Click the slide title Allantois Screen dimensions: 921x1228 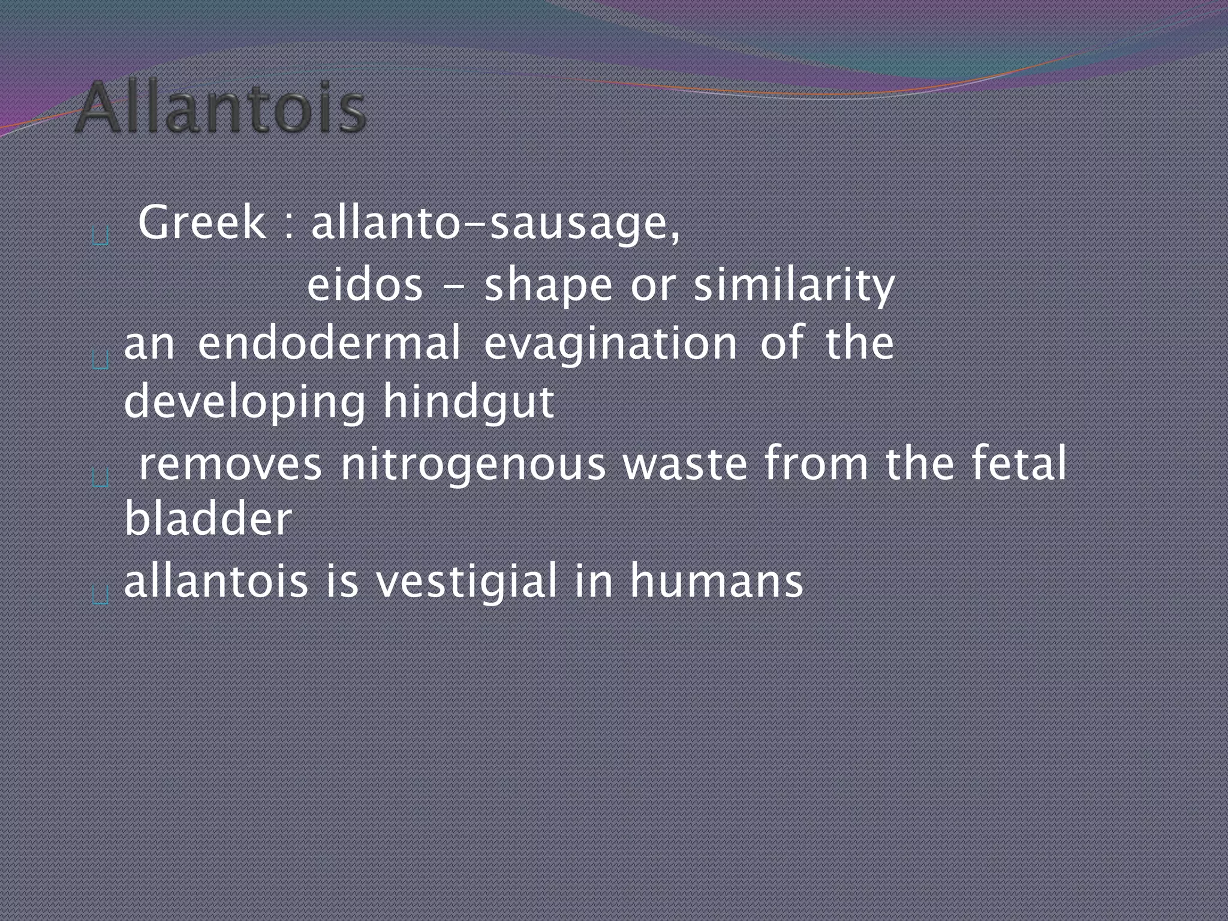pos(220,109)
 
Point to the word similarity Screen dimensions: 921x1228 pos(794,285)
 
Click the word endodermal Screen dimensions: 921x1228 pos(329,343)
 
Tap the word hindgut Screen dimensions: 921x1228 pos(468,402)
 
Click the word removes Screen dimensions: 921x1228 pos(230,463)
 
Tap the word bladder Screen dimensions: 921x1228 pos(208,519)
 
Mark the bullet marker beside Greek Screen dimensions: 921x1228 pos(100,237)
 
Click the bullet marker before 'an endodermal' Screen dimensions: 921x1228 pos(101,360)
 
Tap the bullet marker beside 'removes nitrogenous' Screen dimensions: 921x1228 pos(101,478)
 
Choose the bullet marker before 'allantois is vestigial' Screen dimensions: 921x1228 pos(101,595)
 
